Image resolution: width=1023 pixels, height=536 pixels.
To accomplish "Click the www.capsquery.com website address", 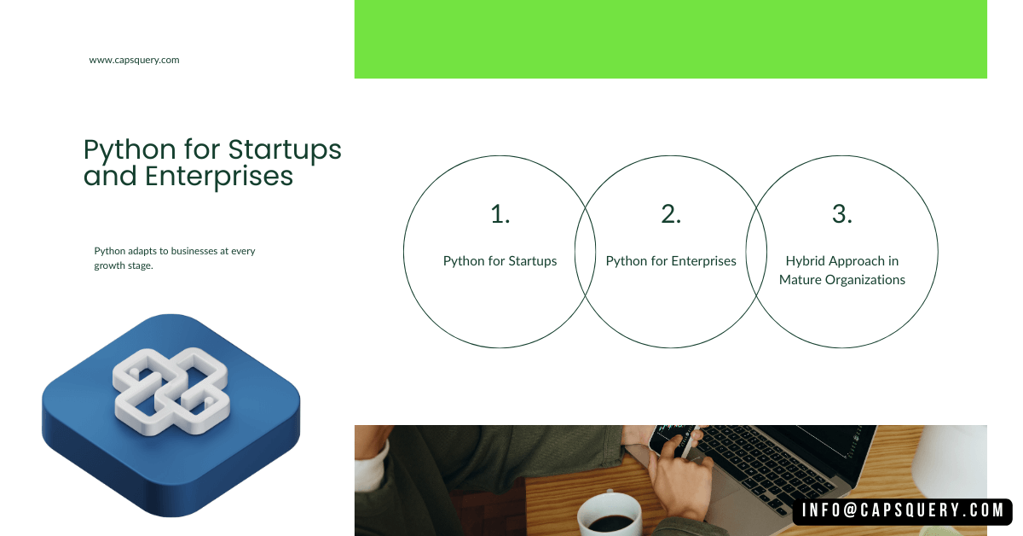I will tap(134, 61).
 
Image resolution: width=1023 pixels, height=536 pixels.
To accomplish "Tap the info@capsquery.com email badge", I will tap(903, 511).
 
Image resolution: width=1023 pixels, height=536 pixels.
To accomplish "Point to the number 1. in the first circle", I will tap(500, 215).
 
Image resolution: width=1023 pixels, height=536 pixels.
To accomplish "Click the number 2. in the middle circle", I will tap(671, 215).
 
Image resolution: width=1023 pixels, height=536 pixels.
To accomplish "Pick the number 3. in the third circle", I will tap(842, 215).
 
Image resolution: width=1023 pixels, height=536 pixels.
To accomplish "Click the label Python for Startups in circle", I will tap(500, 261).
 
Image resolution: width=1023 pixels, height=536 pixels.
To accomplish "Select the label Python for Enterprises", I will tap(671, 261).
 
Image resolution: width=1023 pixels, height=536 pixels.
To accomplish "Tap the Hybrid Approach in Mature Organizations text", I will tap(842, 271).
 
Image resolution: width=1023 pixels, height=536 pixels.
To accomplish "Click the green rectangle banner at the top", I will tap(670, 39).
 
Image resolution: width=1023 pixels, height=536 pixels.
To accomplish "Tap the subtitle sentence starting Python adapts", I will tap(174, 259).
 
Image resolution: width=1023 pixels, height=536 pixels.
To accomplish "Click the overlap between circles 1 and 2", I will tap(585, 252).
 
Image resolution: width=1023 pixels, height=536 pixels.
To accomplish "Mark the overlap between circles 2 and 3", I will tap(756, 252).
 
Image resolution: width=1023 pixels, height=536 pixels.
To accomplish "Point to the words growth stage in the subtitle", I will tap(124, 266).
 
